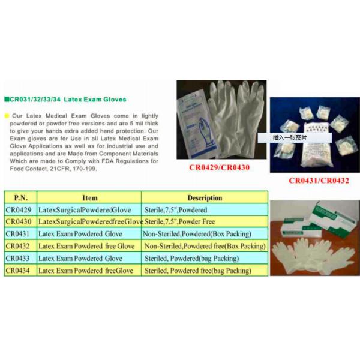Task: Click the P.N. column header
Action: coord(20,197)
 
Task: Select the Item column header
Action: coord(89,197)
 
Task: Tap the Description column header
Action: coord(205,197)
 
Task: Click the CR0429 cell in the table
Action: coord(20,210)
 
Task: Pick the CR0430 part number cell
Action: coord(20,222)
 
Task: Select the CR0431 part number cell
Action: coord(20,234)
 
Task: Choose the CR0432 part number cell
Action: coord(20,246)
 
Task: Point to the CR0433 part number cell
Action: coord(20,258)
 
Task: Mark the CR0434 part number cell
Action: coord(20,271)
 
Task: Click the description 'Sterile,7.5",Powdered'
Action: coord(176,210)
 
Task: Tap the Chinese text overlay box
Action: coord(294,137)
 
